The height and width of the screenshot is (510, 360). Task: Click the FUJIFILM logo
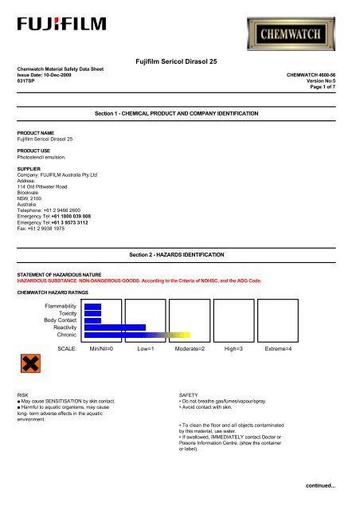[x=53, y=41]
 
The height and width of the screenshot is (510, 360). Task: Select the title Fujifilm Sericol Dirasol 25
[x=179, y=61]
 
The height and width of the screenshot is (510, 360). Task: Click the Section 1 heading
[x=176, y=116]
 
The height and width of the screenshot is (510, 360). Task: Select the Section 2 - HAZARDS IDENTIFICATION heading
[x=176, y=253]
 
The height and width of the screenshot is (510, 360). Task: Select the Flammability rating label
[x=60, y=305]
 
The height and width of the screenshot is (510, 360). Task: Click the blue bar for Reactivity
[x=115, y=327]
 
